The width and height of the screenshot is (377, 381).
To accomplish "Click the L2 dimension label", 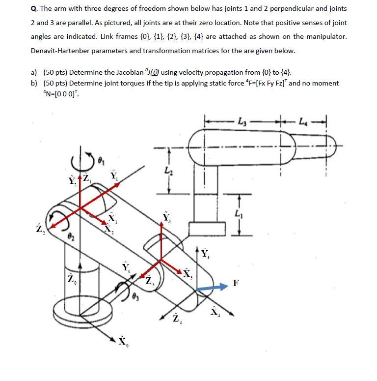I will pyautogui.click(x=169, y=171).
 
